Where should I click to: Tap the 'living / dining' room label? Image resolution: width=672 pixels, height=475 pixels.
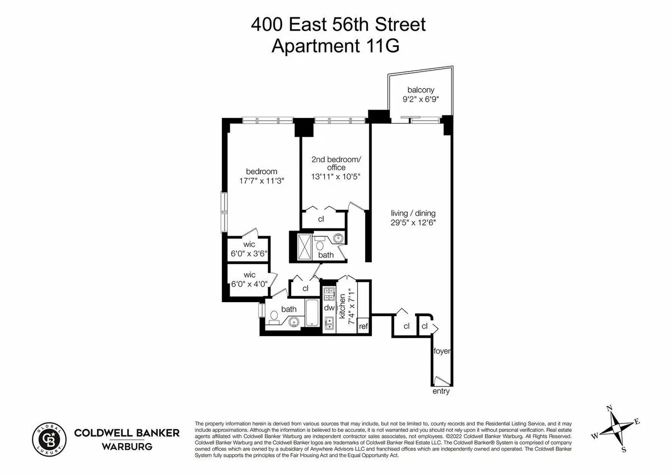(413, 213)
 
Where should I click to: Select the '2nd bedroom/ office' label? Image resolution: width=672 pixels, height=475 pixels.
(336, 163)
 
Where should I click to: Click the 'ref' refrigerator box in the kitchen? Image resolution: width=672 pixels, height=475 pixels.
(363, 326)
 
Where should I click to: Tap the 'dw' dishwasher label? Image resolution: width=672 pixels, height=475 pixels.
(329, 308)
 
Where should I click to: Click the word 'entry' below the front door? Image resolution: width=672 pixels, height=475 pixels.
(441, 392)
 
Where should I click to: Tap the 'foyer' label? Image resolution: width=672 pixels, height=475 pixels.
(442, 351)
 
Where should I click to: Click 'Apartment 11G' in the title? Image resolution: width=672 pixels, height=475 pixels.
(335, 46)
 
